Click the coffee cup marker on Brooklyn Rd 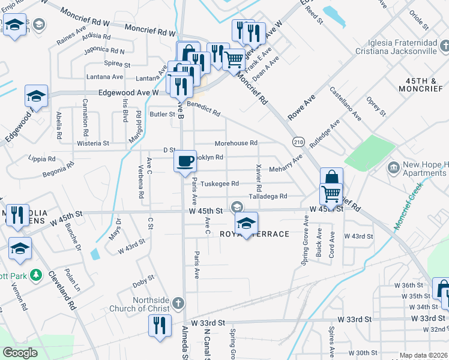click(185, 161)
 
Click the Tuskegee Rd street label click(220, 184)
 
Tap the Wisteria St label click(93, 144)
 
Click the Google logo click(20, 353)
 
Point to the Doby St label click(143, 278)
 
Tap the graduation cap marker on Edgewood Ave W click(36, 97)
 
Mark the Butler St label click(162, 114)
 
